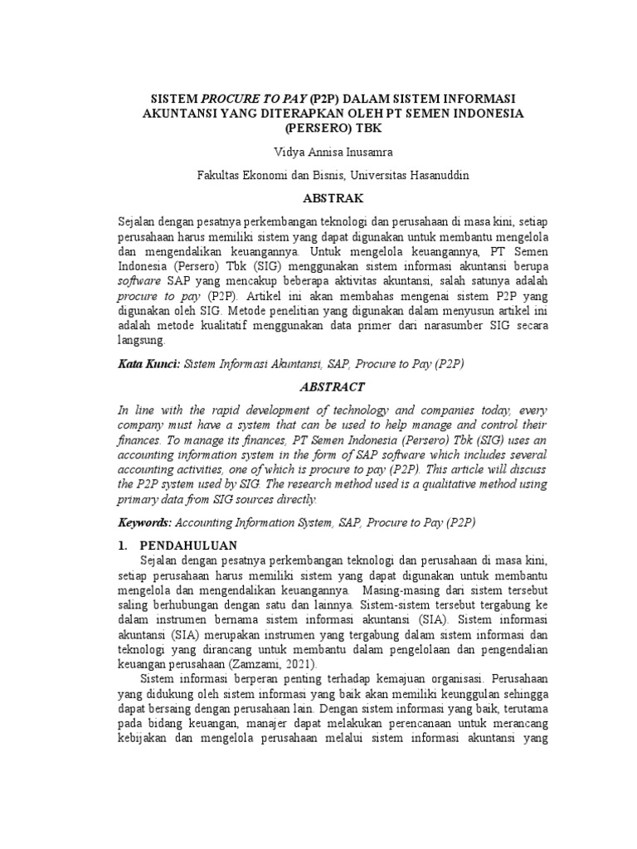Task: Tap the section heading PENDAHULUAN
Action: point(189,545)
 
